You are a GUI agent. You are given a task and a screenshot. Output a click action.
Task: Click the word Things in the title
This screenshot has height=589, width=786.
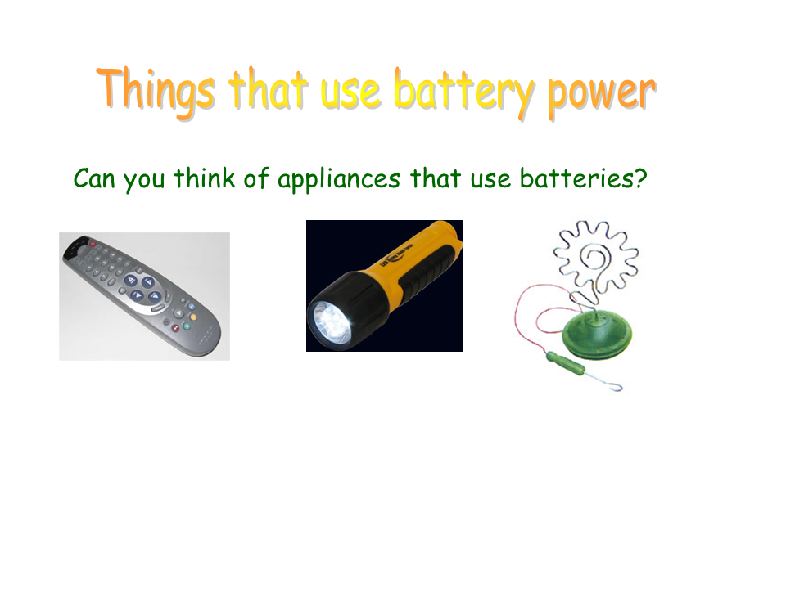(x=156, y=90)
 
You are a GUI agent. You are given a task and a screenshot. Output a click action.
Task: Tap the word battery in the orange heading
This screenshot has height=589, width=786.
(x=464, y=92)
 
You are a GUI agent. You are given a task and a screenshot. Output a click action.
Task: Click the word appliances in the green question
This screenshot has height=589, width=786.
(x=339, y=180)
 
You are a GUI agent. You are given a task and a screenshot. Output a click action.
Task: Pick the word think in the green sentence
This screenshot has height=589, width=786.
(x=204, y=178)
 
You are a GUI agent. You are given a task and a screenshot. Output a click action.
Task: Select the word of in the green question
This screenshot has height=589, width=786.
(x=256, y=178)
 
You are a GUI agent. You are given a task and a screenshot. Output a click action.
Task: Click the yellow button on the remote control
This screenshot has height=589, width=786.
(x=193, y=317)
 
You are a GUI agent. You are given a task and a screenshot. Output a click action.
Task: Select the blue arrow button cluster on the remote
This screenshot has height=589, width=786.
(x=143, y=289)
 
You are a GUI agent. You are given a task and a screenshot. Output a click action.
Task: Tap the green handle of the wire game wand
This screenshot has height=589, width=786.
(x=565, y=363)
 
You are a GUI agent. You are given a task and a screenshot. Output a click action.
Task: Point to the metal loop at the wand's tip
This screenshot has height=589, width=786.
(x=615, y=386)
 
